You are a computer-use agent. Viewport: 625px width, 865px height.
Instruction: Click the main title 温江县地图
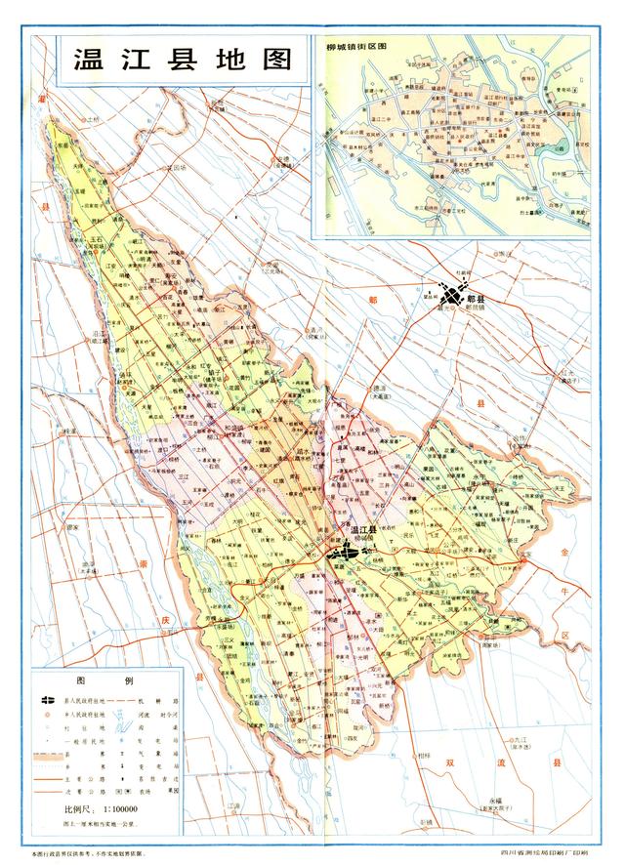click(184, 59)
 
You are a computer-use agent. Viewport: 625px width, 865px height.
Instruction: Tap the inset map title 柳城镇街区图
click(357, 45)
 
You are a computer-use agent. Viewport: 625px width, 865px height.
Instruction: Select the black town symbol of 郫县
click(450, 294)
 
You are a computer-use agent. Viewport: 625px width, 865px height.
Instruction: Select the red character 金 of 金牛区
click(563, 552)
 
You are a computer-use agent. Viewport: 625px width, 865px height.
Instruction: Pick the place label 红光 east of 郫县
click(563, 372)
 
